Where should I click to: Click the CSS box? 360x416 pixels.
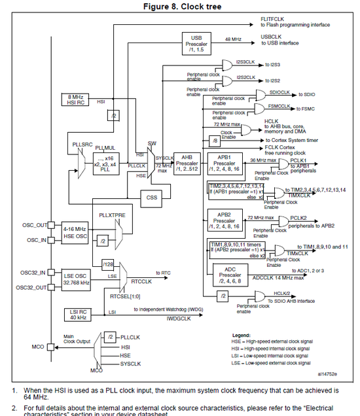click(153, 197)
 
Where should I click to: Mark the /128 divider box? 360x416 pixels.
click(108, 264)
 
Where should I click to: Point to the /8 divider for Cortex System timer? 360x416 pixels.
click(214, 141)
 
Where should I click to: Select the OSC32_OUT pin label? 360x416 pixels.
click(30, 287)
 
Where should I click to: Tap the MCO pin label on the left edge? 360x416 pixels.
click(37, 346)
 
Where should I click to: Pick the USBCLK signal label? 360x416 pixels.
click(271, 37)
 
